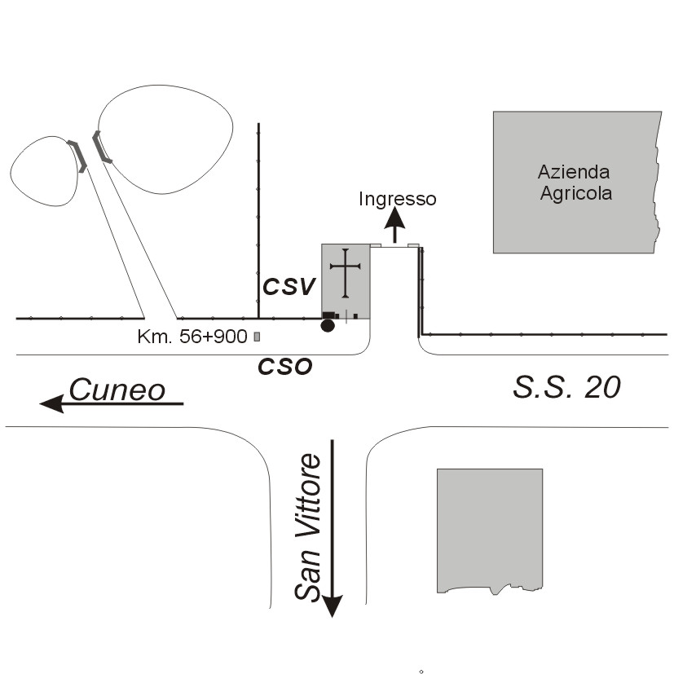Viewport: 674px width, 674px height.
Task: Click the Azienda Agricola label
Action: click(x=574, y=183)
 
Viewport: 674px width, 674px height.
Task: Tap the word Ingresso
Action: click(x=398, y=199)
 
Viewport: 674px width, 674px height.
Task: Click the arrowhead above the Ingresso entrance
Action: click(x=395, y=217)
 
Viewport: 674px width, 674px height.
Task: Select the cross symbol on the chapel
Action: click(x=346, y=272)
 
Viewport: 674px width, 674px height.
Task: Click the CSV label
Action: click(x=289, y=286)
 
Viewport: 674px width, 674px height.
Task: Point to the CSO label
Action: click(x=285, y=366)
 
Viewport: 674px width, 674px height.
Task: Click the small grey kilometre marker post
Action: click(x=258, y=336)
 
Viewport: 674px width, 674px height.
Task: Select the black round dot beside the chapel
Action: click(x=328, y=326)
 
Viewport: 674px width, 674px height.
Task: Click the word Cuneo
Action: click(x=117, y=390)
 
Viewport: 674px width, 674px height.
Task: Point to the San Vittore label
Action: click(x=309, y=527)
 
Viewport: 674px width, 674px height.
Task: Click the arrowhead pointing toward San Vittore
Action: click(x=333, y=606)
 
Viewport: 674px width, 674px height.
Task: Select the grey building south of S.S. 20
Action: click(x=489, y=528)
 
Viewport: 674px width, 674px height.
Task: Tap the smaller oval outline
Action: click(x=44, y=170)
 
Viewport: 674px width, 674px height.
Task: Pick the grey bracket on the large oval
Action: click(x=100, y=146)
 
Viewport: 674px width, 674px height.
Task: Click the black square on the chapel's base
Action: click(x=328, y=315)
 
